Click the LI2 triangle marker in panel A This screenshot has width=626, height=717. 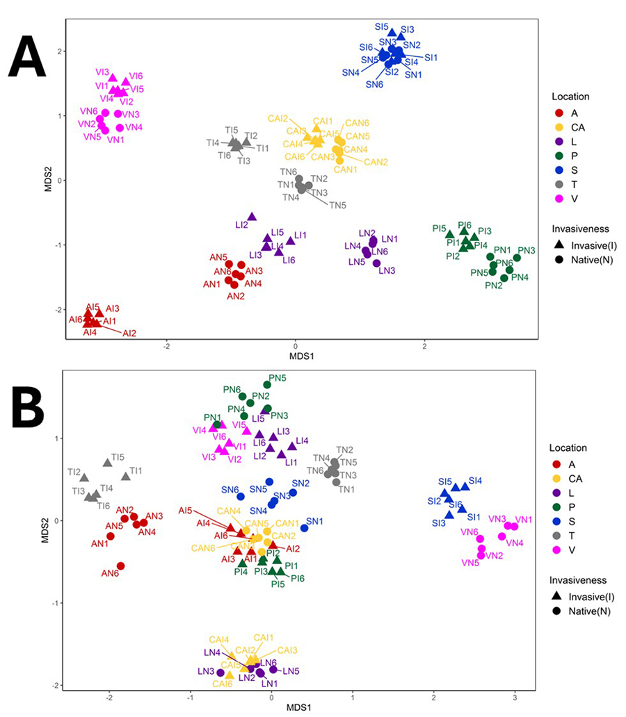pyautogui.click(x=252, y=217)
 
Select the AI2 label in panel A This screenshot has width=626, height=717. pyautogui.click(x=129, y=333)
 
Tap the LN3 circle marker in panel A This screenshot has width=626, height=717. pyautogui.click(x=376, y=263)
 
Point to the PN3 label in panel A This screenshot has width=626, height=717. pyautogui.click(x=527, y=250)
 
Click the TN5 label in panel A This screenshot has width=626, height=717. pyautogui.click(x=337, y=205)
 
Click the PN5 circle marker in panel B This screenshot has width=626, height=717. pyautogui.click(x=267, y=384)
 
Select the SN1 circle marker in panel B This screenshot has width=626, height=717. pyautogui.click(x=303, y=528)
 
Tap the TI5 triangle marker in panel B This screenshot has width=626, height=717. pyautogui.click(x=107, y=463)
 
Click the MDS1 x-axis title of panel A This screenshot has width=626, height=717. pyautogui.click(x=295, y=355)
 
